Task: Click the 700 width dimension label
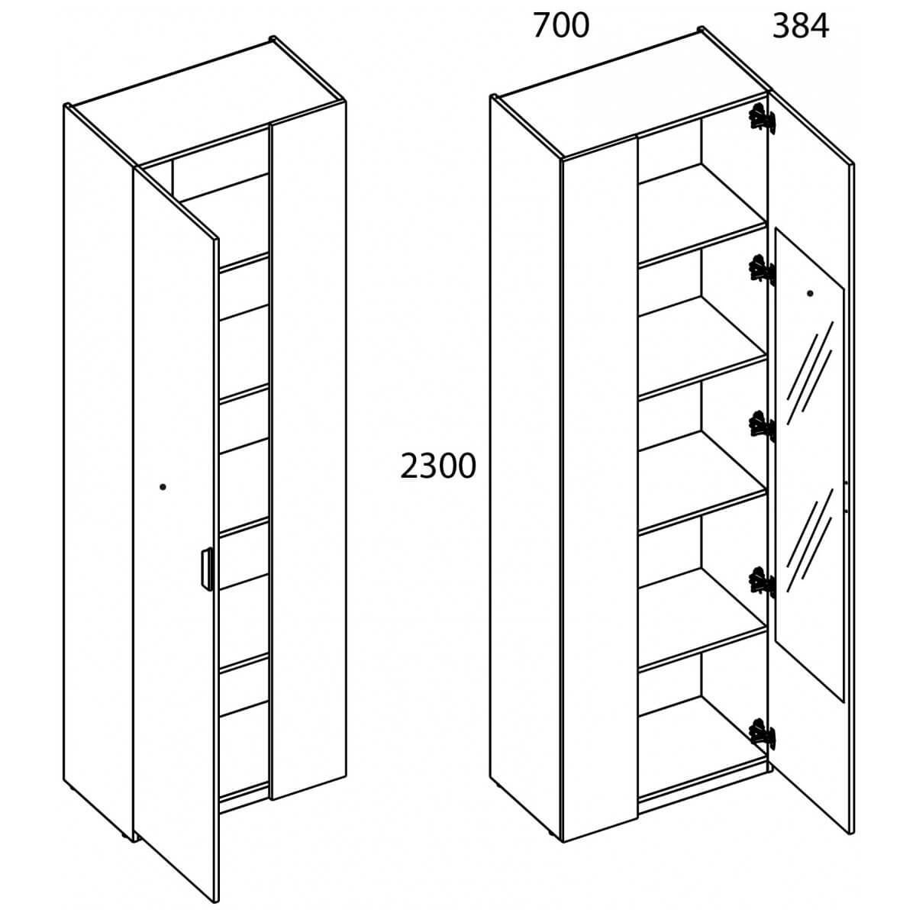pyautogui.click(x=561, y=26)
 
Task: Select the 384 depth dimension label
pyautogui.click(x=801, y=26)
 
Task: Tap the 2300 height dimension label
pyautogui.click(x=438, y=466)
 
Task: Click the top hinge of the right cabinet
pyautogui.click(x=762, y=119)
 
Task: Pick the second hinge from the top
pyautogui.click(x=762, y=269)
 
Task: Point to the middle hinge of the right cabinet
pyautogui.click(x=762, y=426)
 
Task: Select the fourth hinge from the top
pyautogui.click(x=762, y=582)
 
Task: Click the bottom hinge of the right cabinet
pyautogui.click(x=762, y=733)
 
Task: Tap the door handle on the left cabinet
pyautogui.click(x=205, y=569)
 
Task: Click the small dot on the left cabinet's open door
pyautogui.click(x=163, y=486)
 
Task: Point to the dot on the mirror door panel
pyautogui.click(x=810, y=293)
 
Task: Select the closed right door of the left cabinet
pyautogui.click(x=308, y=450)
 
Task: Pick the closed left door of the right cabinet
pyautogui.click(x=600, y=489)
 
